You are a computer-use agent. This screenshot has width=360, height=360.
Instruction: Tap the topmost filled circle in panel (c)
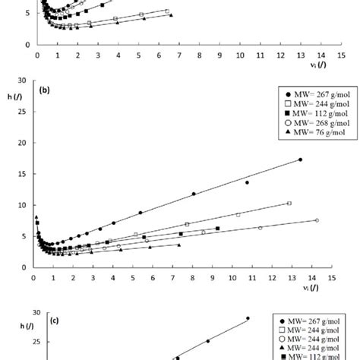click(x=248, y=318)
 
